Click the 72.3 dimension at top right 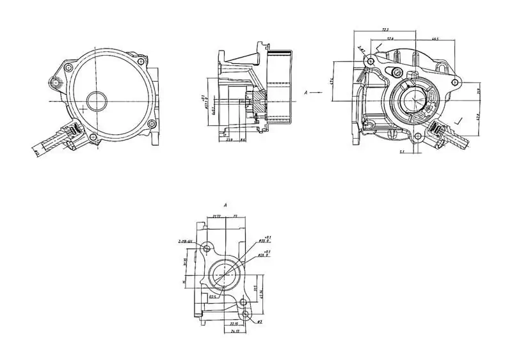385,29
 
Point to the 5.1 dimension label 401,152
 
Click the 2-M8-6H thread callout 187,242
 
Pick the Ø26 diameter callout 262,254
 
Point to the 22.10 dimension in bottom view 234,324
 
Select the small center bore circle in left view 97,100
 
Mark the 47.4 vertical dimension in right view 332,81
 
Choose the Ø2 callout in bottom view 261,321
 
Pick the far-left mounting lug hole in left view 57,82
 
